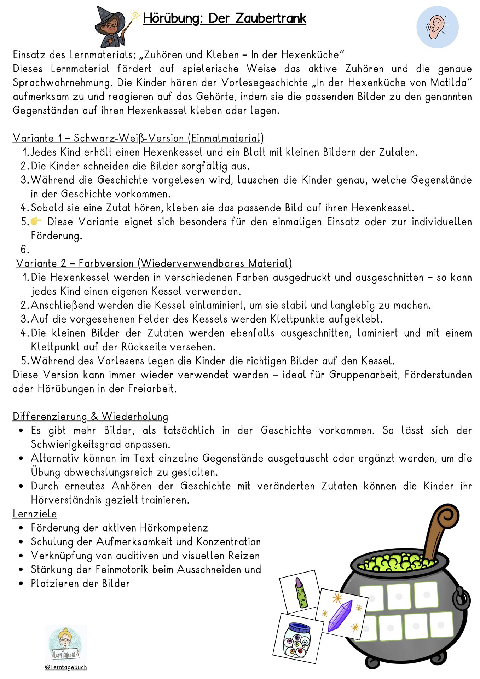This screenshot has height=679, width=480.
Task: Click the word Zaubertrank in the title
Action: (271, 18)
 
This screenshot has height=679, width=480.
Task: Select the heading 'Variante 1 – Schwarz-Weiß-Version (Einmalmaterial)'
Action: (138, 138)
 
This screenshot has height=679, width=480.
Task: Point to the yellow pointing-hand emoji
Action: (36, 222)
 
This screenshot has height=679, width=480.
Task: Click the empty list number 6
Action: (24, 250)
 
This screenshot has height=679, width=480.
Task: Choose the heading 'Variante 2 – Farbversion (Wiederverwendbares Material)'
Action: (154, 263)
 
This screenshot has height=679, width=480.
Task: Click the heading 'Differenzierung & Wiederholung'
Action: (90, 417)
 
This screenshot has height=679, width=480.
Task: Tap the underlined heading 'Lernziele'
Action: (35, 514)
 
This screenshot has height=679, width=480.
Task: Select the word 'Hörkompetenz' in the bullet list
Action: (174, 528)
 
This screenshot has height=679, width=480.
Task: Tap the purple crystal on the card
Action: (340, 616)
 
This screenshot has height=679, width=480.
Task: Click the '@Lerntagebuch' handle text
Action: (66, 667)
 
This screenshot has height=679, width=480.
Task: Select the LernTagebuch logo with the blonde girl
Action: (66, 644)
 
